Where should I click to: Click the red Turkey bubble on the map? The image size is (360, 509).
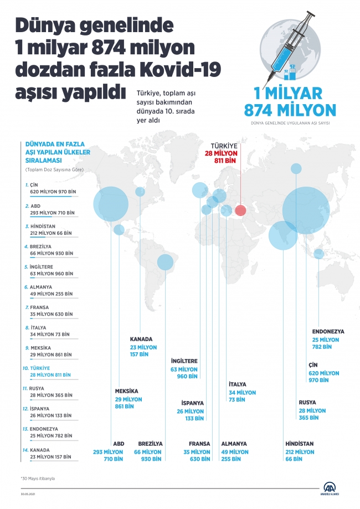pos(240,210)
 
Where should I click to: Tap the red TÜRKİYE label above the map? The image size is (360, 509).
pos(225,145)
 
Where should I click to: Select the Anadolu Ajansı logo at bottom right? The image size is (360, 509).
pos(332,488)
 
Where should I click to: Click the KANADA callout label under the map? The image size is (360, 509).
pos(141,339)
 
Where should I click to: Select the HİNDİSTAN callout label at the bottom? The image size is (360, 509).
pos(300,444)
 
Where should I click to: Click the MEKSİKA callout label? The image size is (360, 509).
pos(127,391)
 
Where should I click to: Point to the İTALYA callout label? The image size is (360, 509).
pos(238,384)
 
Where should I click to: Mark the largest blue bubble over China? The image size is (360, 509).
pos(305,210)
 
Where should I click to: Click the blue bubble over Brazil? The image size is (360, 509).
pos(165,261)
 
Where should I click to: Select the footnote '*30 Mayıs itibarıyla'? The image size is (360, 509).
pos(39,477)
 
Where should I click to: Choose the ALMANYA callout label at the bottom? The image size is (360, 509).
pos(234,444)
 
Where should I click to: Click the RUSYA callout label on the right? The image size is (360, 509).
pos(308,402)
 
